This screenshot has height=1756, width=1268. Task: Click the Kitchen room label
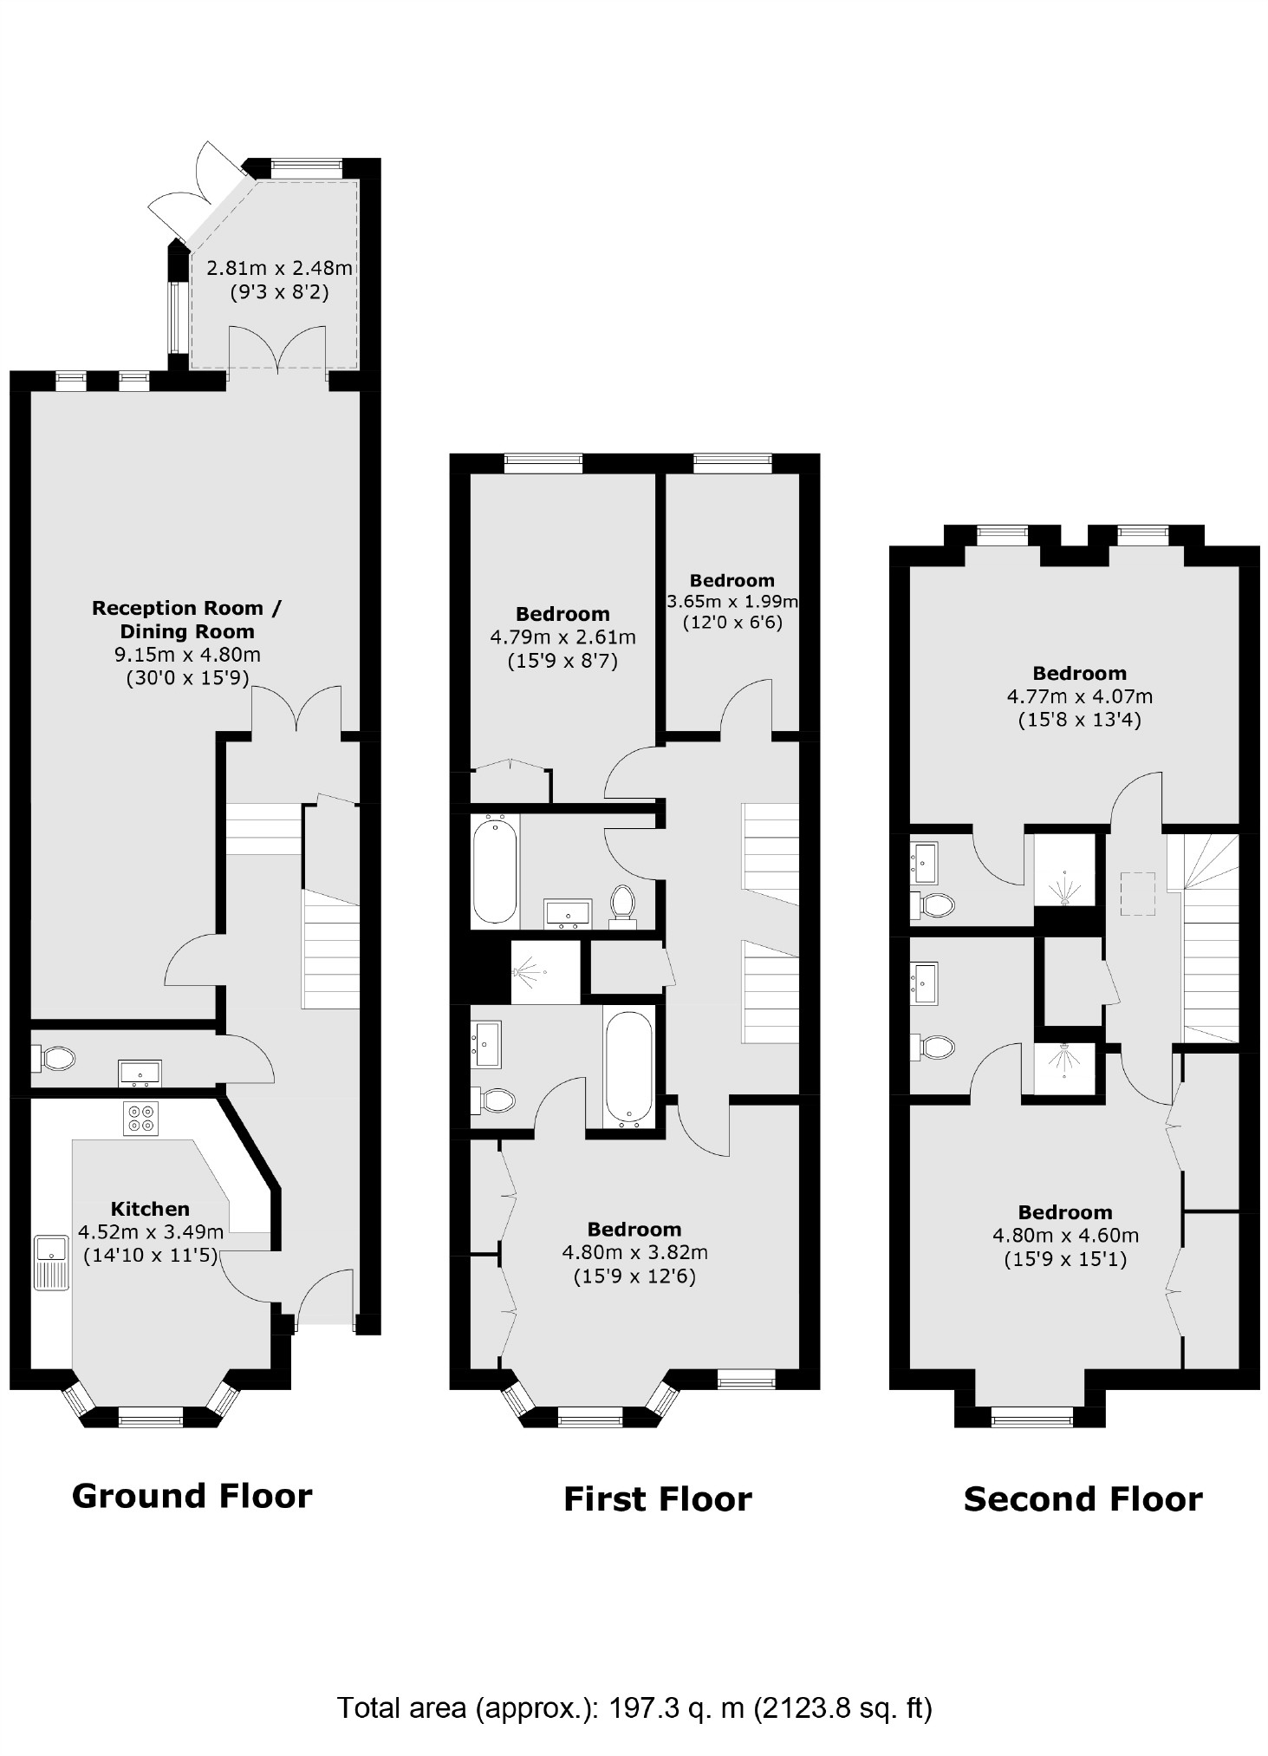pyautogui.click(x=150, y=1208)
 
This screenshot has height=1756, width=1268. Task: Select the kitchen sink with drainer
pyautogui.click(x=51, y=1261)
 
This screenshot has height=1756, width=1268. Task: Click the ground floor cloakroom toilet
pyautogui.click(x=55, y=1058)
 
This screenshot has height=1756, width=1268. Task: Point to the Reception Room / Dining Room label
pyautogui.click(x=186, y=619)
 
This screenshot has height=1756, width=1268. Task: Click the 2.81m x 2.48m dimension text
pyautogui.click(x=279, y=268)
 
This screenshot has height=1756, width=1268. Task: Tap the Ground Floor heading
pyautogui.click(x=192, y=1496)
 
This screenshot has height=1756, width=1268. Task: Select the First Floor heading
pyautogui.click(x=657, y=1499)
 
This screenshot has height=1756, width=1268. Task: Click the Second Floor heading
pyautogui.click(x=1083, y=1499)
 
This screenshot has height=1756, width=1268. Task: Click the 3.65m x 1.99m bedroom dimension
pyautogui.click(x=732, y=601)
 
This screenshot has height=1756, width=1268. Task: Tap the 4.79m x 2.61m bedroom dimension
pyautogui.click(x=562, y=637)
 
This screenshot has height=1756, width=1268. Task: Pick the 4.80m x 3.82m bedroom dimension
pyautogui.click(x=634, y=1252)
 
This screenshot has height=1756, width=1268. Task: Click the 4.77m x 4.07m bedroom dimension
pyautogui.click(x=1079, y=695)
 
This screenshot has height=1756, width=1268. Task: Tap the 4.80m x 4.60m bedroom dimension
pyautogui.click(x=1065, y=1235)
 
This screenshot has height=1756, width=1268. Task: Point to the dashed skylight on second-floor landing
pyautogui.click(x=1139, y=893)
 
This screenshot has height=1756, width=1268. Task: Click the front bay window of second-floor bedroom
pyautogui.click(x=1031, y=1419)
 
